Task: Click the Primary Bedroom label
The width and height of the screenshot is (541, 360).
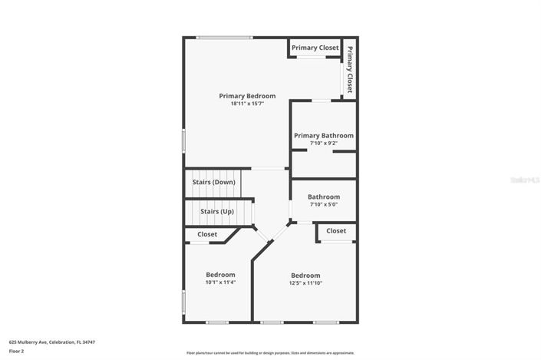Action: (x=247, y=96)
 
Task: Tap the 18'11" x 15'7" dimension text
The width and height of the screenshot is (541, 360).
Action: (x=247, y=104)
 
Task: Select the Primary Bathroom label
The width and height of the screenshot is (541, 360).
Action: (x=324, y=135)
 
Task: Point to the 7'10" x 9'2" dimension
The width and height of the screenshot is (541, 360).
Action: (x=324, y=144)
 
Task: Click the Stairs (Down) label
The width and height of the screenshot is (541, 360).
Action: (x=213, y=182)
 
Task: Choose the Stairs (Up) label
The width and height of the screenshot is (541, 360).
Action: (x=217, y=211)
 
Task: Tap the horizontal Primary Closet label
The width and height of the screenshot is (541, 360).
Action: (x=315, y=48)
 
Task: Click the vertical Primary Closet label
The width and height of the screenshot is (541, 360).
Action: (x=350, y=69)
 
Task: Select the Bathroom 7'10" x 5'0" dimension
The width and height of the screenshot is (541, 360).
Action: (x=324, y=205)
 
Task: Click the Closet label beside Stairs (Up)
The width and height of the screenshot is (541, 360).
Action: (x=207, y=234)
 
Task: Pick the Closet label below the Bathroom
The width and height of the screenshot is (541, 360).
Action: (x=336, y=230)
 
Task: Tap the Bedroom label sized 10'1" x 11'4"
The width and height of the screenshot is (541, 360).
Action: (x=220, y=275)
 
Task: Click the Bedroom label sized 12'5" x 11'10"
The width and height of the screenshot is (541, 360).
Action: (x=305, y=276)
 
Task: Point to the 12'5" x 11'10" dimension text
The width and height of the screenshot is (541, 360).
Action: (x=305, y=283)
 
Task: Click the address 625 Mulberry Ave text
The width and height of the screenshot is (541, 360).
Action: (x=52, y=342)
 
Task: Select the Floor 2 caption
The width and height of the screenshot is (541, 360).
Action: (x=17, y=351)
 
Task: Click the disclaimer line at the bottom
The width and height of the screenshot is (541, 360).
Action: (x=270, y=353)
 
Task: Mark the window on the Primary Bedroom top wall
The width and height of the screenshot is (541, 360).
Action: (x=224, y=38)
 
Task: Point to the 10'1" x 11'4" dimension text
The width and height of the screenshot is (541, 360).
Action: (x=220, y=282)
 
